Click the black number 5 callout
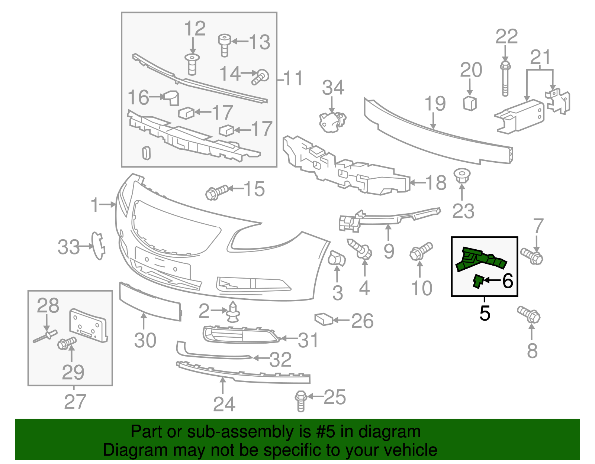(x=485, y=313)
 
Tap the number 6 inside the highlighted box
(x=508, y=281)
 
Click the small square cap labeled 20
(x=470, y=103)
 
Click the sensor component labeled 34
(x=332, y=121)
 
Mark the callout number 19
(x=435, y=104)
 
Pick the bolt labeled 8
(x=529, y=315)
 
